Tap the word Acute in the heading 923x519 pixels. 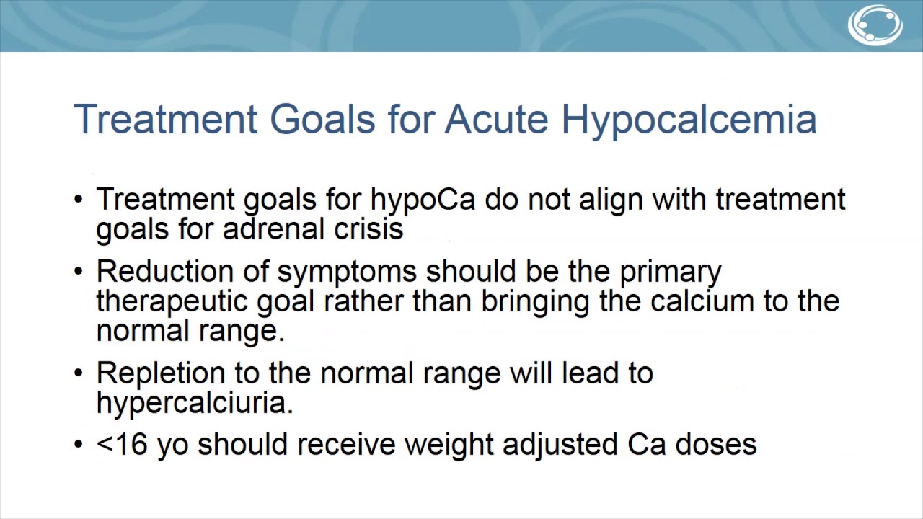(x=496, y=119)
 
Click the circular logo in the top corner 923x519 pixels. (x=875, y=25)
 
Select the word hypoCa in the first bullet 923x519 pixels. (x=423, y=200)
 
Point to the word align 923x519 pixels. (x=612, y=200)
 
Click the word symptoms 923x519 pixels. (x=347, y=272)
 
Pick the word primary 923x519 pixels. (x=671, y=272)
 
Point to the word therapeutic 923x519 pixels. (x=172, y=302)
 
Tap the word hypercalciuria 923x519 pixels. (x=195, y=403)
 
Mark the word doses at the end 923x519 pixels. (x=715, y=445)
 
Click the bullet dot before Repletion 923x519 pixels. (x=79, y=373)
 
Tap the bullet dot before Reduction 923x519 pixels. (x=79, y=272)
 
